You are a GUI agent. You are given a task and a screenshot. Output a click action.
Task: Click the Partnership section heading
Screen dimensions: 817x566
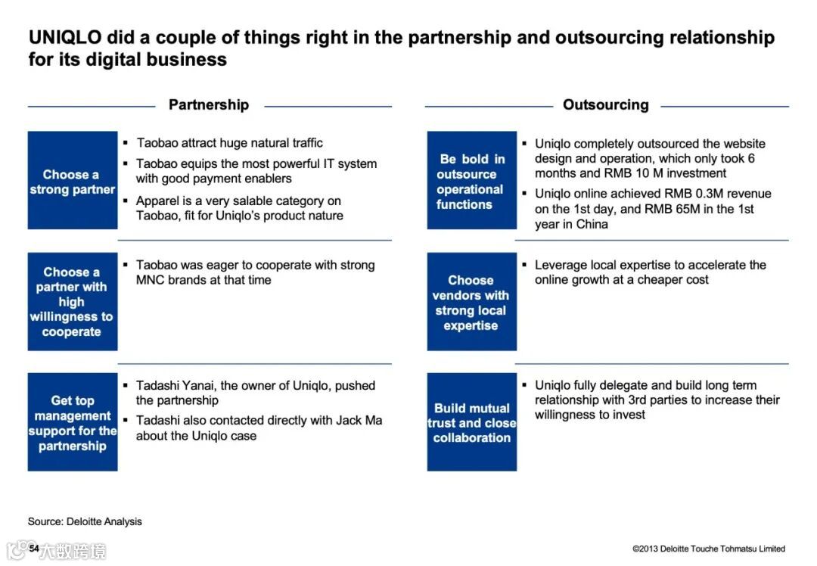coord(208,105)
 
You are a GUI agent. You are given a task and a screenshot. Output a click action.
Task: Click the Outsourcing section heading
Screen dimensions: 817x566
coord(605,105)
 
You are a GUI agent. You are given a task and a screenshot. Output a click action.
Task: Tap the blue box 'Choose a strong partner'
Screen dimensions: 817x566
coord(73,181)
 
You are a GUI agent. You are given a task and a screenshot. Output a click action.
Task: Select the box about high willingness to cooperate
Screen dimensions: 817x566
coord(73,301)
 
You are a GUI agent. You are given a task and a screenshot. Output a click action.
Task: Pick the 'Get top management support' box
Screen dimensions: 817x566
coord(73,422)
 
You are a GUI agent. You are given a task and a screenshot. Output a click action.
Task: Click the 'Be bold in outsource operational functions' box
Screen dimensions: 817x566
coord(471,181)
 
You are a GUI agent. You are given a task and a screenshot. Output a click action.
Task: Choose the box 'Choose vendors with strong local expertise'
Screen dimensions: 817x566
coord(471,302)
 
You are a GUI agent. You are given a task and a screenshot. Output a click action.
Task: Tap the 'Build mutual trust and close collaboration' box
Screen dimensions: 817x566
coord(471,422)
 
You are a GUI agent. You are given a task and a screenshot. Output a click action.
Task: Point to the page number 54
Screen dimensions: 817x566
coord(34,548)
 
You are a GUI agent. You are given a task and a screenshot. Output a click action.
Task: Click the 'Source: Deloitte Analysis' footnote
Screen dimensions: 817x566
coord(85,521)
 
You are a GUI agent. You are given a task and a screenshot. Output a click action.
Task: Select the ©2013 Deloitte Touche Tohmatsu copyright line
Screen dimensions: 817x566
coord(709,549)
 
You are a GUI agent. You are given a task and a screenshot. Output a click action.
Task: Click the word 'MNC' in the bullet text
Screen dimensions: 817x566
coord(151,280)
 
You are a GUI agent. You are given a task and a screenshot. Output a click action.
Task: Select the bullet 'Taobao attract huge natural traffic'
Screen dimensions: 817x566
coord(229,143)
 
